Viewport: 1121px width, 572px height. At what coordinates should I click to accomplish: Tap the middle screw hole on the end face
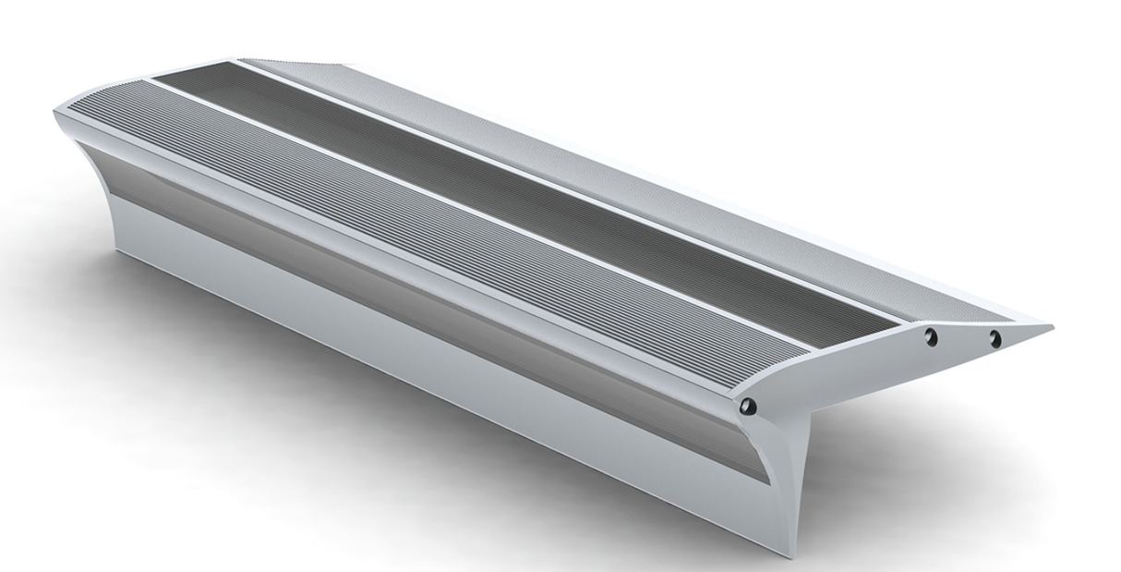pos(931,336)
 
